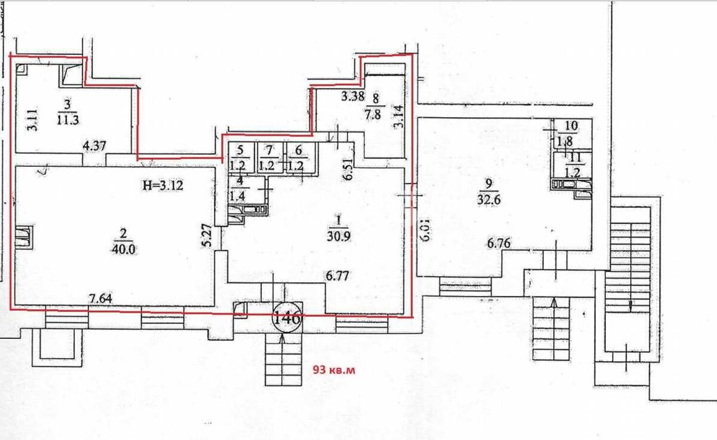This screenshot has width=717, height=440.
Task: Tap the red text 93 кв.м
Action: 335,370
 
